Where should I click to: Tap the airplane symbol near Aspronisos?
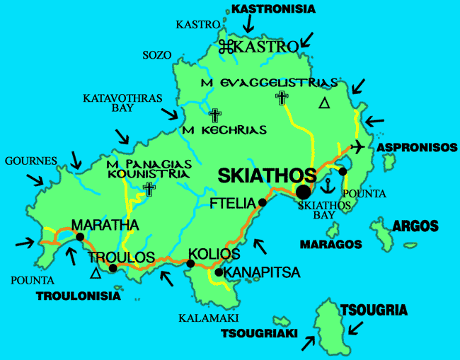[359, 146]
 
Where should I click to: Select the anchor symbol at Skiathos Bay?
[327, 186]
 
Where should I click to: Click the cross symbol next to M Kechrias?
[214, 115]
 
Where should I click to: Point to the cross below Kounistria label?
[149, 188]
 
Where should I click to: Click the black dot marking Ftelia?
[262, 203]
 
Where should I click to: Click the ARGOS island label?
[415, 226]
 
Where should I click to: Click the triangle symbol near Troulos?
[96, 273]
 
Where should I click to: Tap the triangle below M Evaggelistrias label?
[323, 104]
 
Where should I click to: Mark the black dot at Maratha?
[80, 237]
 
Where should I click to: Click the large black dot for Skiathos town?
[304, 192]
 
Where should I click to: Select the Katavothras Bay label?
[122, 103]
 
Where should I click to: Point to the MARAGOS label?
[330, 245]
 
